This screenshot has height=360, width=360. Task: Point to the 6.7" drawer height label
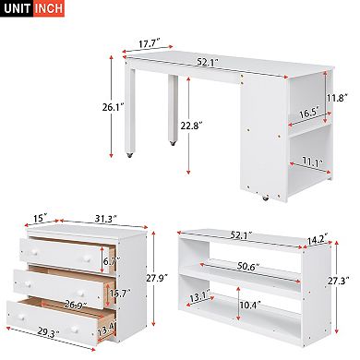(109, 261)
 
